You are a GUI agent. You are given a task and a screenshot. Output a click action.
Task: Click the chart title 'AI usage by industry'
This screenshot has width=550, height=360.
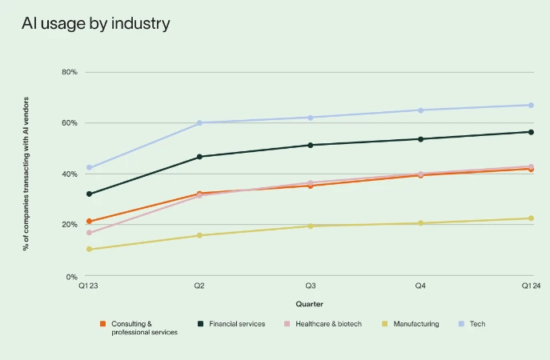click(95, 23)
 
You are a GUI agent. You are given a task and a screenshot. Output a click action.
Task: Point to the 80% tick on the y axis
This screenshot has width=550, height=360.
click(70, 72)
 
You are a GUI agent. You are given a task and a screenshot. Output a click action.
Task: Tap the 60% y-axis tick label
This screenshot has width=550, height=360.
click(70, 123)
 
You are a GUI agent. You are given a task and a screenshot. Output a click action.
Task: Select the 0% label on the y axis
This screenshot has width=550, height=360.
click(71, 276)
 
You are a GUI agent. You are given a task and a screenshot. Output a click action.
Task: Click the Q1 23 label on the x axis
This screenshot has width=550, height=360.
click(89, 286)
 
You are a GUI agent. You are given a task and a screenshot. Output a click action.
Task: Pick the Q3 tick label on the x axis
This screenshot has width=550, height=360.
click(310, 286)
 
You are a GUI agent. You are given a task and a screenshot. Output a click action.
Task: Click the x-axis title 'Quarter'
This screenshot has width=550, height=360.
click(310, 304)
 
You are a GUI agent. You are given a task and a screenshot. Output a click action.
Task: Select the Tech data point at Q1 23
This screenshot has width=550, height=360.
click(89, 168)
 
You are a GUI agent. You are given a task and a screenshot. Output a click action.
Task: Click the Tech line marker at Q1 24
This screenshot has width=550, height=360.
click(531, 105)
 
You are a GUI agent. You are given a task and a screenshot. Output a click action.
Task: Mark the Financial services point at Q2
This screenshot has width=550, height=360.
click(199, 157)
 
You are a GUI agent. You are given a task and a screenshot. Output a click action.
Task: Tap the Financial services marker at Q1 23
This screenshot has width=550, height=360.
click(89, 194)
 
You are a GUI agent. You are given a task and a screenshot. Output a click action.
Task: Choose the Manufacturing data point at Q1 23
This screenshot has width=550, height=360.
click(89, 250)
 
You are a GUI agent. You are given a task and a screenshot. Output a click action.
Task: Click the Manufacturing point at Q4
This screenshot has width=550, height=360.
click(420, 223)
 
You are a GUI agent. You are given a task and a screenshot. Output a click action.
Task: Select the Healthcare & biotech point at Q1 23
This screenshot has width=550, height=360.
click(89, 233)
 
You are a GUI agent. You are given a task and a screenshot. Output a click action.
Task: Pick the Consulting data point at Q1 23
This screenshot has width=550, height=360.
click(89, 222)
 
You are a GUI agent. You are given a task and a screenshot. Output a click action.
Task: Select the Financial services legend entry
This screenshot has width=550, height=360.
click(231, 324)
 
